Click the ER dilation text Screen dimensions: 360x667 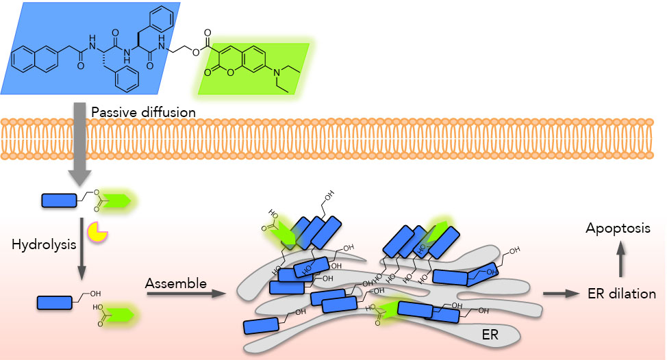[622, 294]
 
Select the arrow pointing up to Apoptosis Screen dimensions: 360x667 [621, 261]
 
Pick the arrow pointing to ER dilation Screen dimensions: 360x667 [560, 294]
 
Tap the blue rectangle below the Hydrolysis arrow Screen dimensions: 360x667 [55, 302]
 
